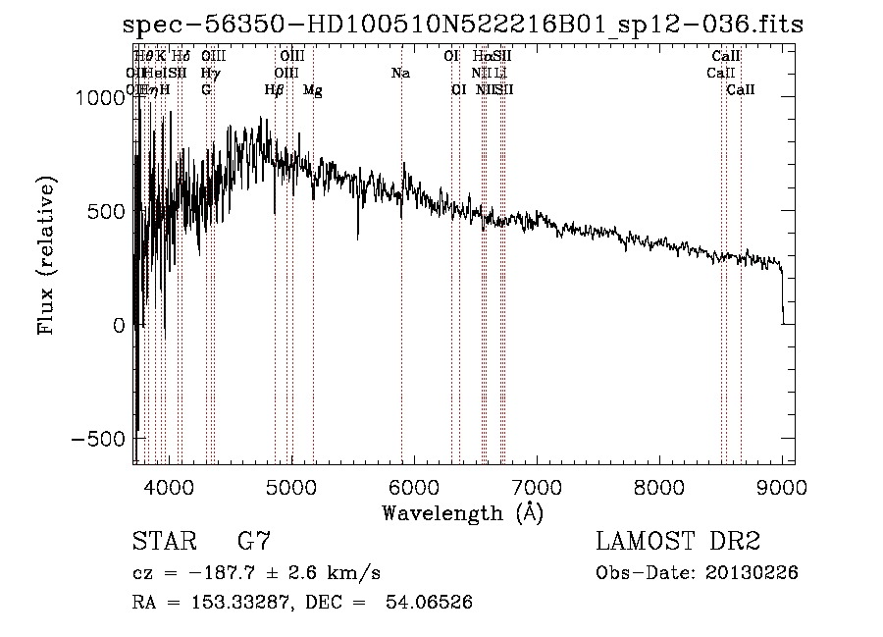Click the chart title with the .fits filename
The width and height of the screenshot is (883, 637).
[463, 25]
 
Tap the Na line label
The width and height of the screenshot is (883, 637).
[400, 74]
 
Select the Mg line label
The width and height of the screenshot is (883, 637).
[312, 90]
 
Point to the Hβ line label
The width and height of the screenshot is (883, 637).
[274, 90]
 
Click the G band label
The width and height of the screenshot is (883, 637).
[206, 90]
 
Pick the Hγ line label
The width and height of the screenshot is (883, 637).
[209, 74]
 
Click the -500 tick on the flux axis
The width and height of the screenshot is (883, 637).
[97, 439]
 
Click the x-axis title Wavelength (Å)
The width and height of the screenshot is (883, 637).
[462, 512]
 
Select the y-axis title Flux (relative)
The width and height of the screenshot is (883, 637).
[47, 254]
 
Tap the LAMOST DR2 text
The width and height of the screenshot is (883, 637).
[678, 542]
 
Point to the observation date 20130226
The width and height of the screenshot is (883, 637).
[750, 573]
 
